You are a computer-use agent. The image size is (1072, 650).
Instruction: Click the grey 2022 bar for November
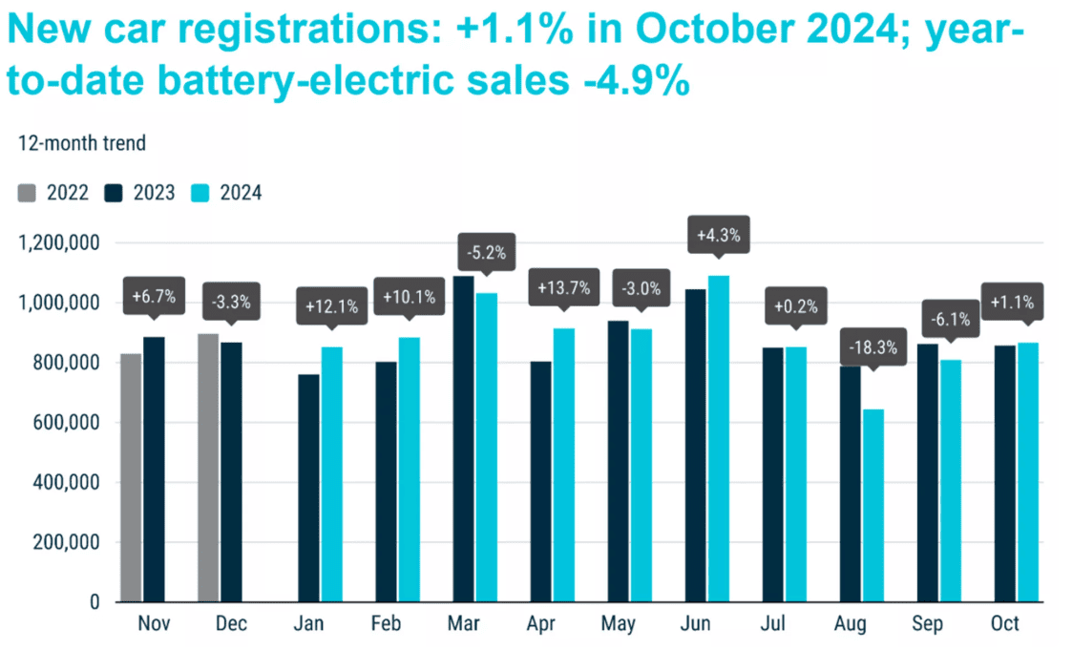pyautogui.click(x=131, y=477)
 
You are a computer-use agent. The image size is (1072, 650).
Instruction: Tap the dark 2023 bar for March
pyautogui.click(x=463, y=439)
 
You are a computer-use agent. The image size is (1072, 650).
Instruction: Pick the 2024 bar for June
pyautogui.click(x=718, y=439)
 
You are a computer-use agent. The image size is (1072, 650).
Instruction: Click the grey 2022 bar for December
pyautogui.click(x=208, y=468)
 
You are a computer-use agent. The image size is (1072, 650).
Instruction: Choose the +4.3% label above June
pyautogui.click(x=717, y=234)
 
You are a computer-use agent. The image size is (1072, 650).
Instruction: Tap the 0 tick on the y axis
pyautogui.click(x=95, y=602)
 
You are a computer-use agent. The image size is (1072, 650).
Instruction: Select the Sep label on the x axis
pyautogui.click(x=927, y=624)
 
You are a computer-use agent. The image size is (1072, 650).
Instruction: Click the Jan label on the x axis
pyautogui.click(x=308, y=624)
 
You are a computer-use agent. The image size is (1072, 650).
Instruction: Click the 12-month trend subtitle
pyautogui.click(x=82, y=143)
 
